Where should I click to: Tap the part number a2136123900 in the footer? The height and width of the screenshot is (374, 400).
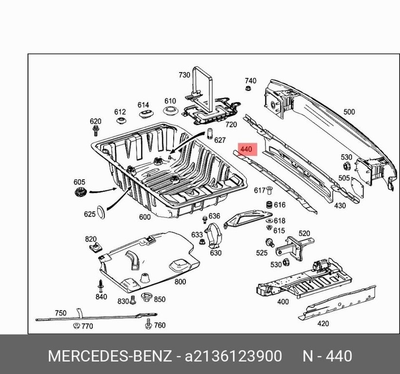(233, 356)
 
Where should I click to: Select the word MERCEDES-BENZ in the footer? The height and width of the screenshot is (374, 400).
(110, 356)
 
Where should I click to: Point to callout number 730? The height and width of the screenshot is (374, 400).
(184, 75)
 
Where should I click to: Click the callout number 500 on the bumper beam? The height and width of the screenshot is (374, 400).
(349, 112)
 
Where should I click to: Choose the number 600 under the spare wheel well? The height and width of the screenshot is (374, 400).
(145, 217)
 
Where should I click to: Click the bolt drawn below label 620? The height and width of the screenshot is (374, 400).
(96, 130)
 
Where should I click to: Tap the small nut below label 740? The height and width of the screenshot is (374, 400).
(248, 89)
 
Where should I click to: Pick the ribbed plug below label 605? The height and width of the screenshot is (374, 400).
(79, 192)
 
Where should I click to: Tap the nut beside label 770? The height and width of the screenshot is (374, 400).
(76, 325)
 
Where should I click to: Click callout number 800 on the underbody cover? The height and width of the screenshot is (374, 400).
(180, 281)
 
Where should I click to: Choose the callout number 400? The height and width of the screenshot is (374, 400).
(282, 302)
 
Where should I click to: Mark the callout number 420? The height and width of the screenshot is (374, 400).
(322, 323)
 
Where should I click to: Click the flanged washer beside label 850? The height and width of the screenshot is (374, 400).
(146, 298)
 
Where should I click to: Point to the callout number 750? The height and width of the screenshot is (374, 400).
(60, 313)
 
